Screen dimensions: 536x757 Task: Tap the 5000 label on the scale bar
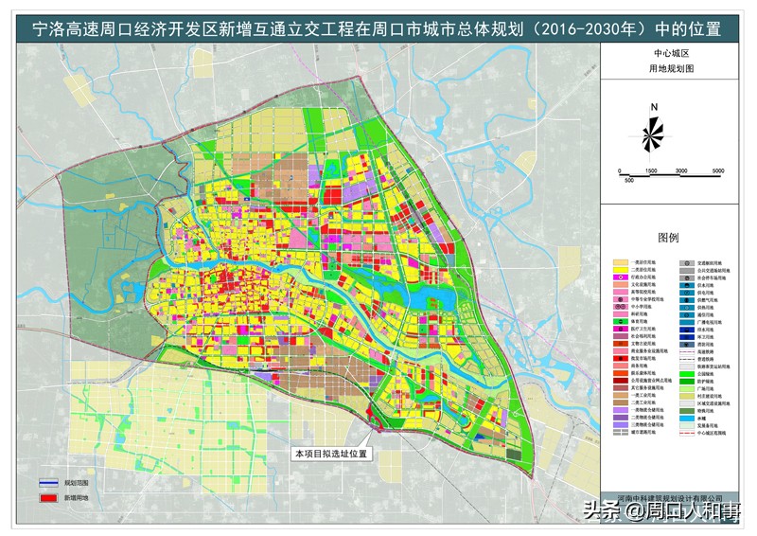click(x=717, y=170)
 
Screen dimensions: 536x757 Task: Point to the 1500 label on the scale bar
click(x=651, y=170)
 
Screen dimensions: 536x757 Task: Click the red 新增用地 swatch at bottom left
click(x=47, y=496)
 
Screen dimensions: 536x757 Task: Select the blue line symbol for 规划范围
click(x=47, y=481)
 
